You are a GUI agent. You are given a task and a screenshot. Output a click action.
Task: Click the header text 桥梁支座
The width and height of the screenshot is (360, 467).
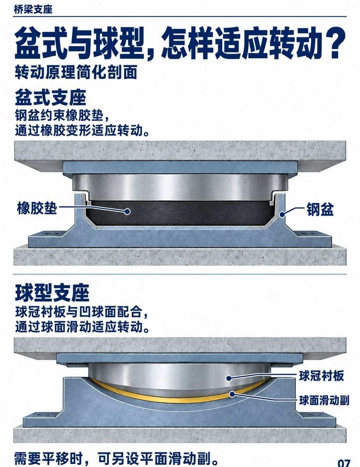pyautogui.click(x=33, y=10)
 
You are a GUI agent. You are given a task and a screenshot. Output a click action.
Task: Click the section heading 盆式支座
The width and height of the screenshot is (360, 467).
pyautogui.click(x=51, y=98)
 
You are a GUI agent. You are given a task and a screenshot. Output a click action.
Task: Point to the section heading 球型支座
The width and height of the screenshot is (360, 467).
pyautogui.click(x=52, y=293)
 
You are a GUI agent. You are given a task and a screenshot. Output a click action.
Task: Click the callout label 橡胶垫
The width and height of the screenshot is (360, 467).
pyautogui.click(x=37, y=208)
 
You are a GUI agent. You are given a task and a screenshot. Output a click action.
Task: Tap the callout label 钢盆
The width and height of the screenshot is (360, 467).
pyautogui.click(x=320, y=209)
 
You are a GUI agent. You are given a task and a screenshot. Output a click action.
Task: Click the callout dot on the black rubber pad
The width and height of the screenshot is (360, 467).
pyautogui.click(x=128, y=212)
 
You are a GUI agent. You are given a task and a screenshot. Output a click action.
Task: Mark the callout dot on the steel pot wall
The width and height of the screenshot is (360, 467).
pyautogui.click(x=281, y=214)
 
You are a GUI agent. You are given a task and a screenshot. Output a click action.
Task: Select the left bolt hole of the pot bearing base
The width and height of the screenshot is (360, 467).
pyautogui.click(x=52, y=233)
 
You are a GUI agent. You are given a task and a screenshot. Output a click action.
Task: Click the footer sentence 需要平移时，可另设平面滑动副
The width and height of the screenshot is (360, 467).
pyautogui.click(x=116, y=458)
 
